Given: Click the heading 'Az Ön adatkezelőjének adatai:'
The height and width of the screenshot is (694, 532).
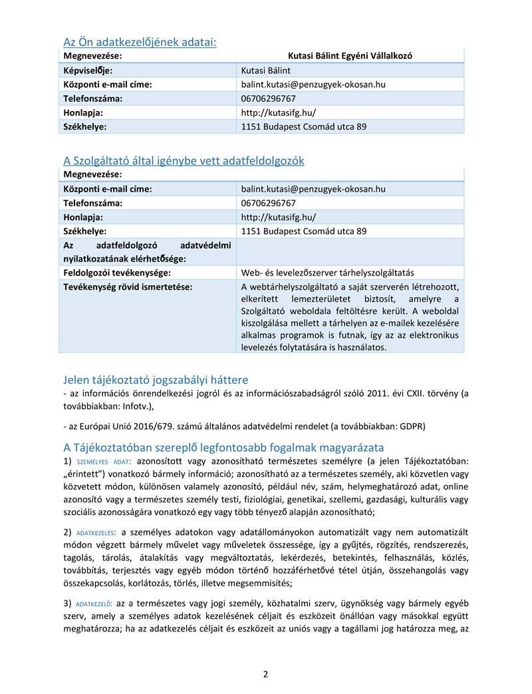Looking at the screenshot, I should point(140,43).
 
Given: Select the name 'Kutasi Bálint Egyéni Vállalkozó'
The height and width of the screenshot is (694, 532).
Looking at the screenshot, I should point(350,56).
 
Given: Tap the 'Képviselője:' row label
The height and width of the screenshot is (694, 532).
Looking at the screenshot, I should point(88,71).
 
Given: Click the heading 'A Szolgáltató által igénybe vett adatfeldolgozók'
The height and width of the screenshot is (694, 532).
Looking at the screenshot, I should point(184,160).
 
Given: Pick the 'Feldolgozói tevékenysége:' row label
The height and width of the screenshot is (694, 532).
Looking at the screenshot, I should point(116,273).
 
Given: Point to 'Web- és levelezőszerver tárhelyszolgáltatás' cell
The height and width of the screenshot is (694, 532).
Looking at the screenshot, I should point(327,273).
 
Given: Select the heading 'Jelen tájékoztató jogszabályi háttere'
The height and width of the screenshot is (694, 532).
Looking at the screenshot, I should point(156,380).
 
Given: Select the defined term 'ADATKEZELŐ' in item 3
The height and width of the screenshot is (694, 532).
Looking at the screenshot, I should point(94,604).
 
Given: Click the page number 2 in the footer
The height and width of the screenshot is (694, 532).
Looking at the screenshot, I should point(265,674).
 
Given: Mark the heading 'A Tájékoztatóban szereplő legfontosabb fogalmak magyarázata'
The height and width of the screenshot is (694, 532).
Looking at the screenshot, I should point(223,447).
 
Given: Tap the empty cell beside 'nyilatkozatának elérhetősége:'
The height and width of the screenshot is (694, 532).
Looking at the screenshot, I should point(350,252).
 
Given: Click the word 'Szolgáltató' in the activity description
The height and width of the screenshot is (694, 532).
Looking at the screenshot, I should point(263,311).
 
